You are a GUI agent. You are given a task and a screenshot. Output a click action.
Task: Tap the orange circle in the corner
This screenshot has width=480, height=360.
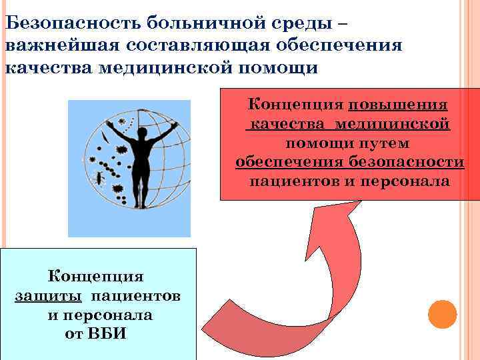441,313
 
